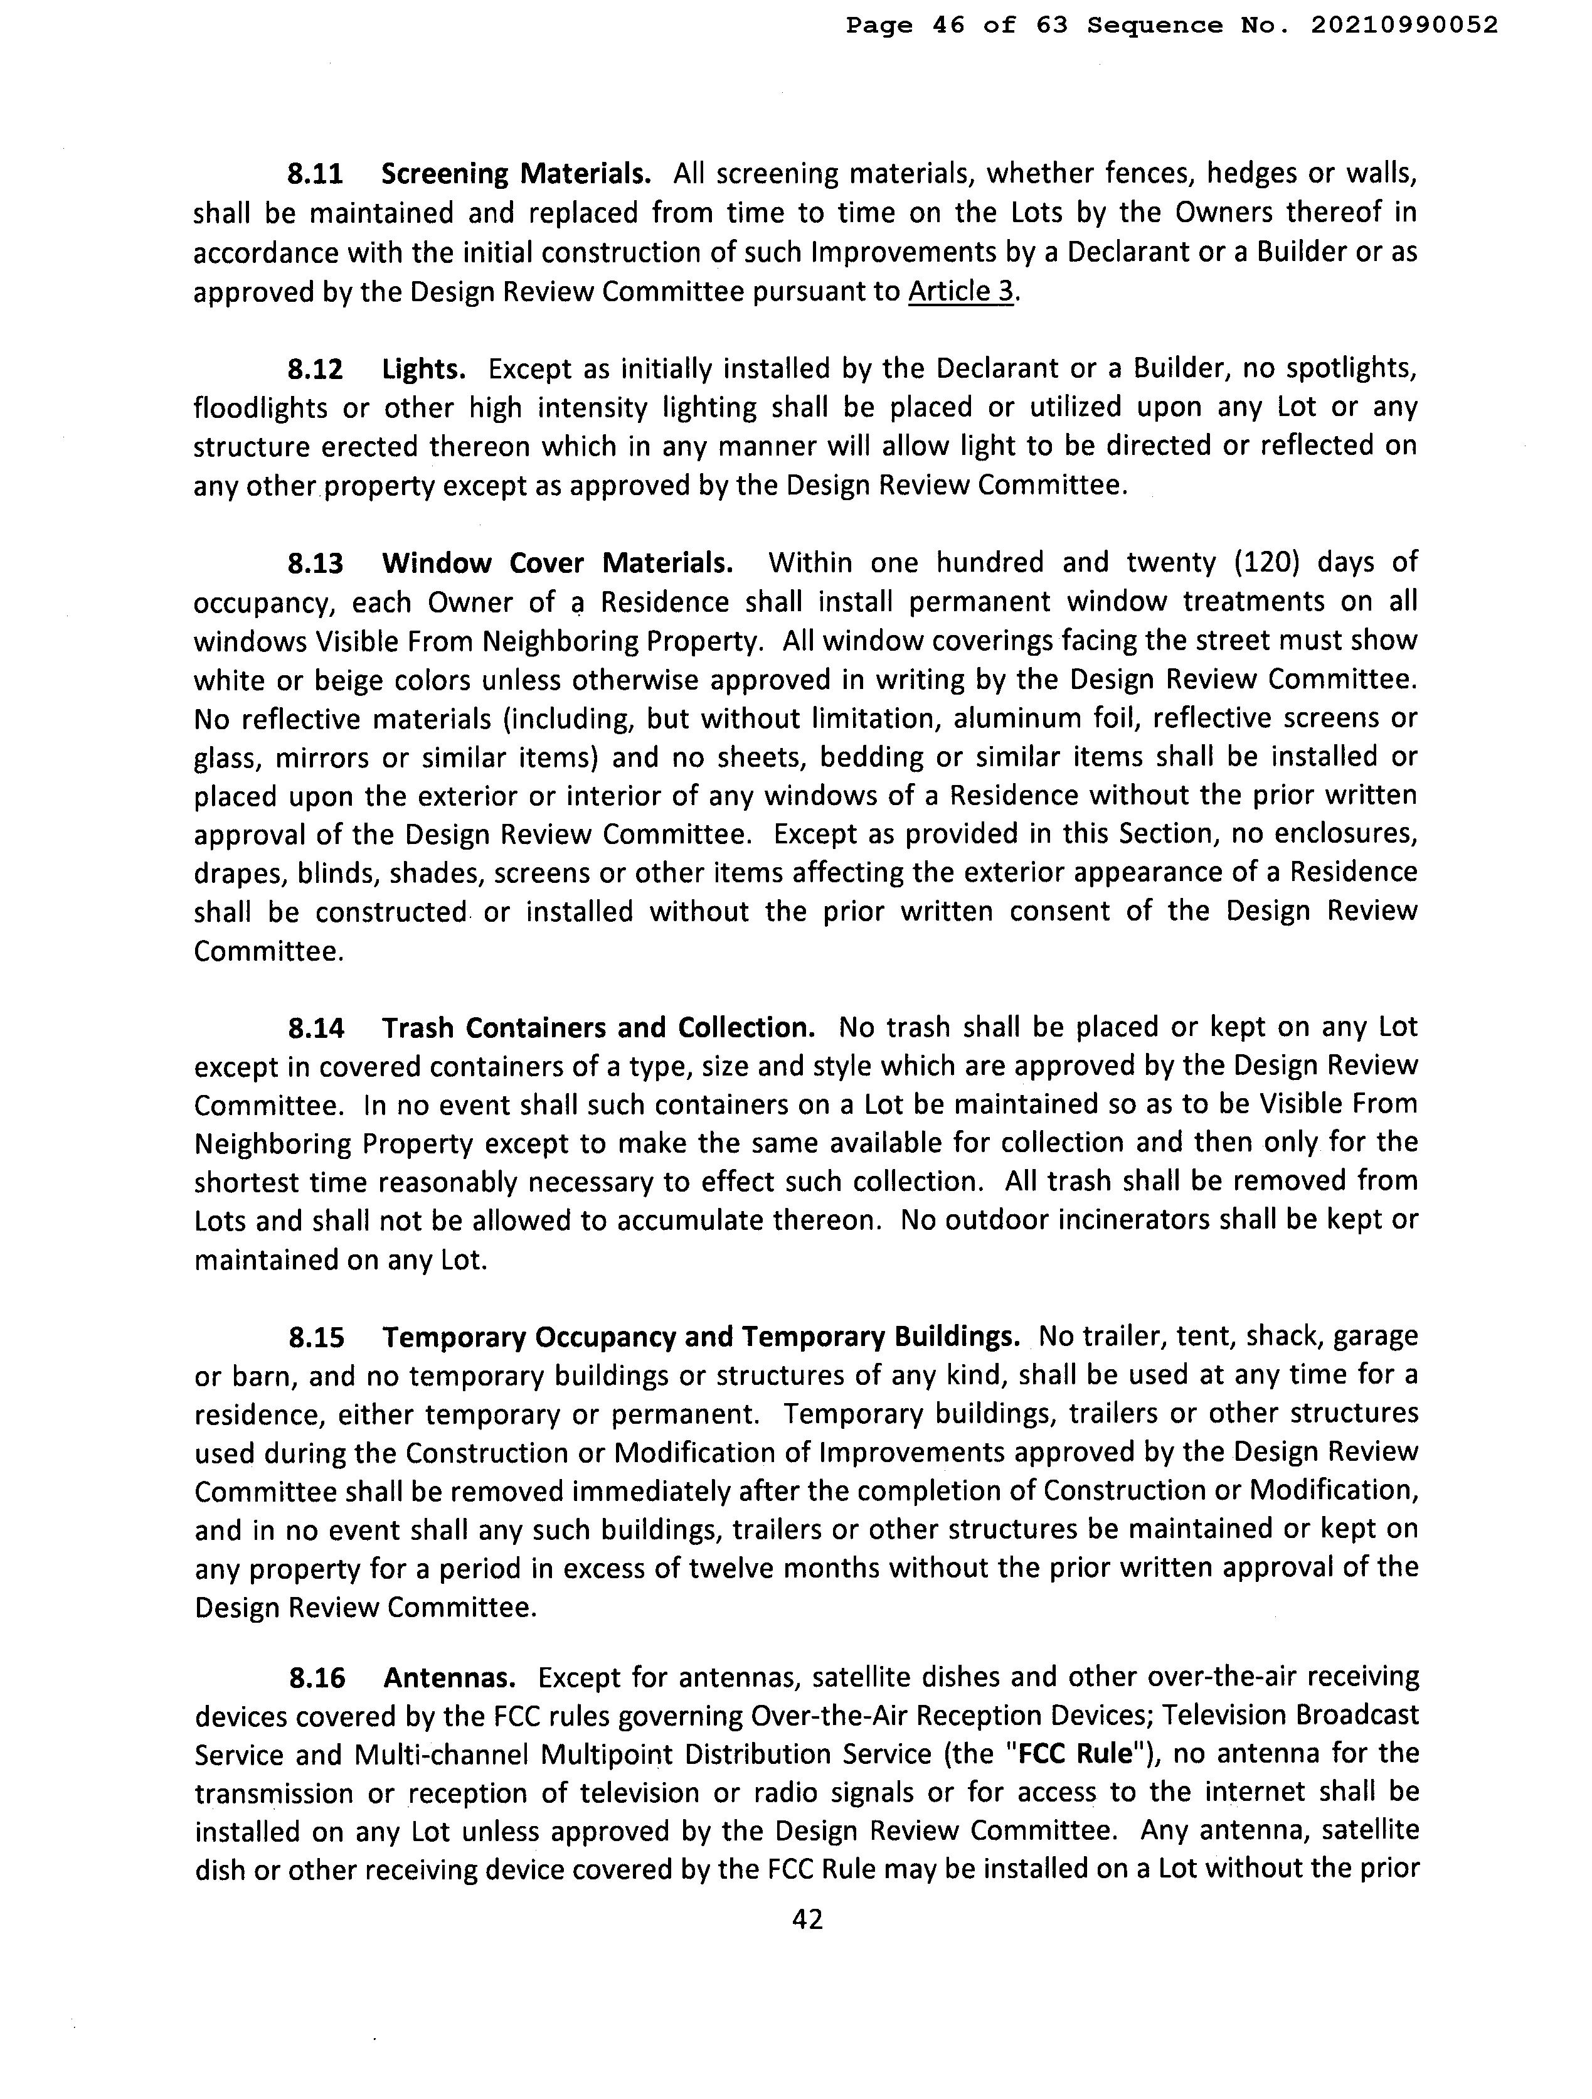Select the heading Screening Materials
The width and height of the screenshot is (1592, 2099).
tap(515, 174)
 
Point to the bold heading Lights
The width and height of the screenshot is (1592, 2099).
tap(418, 368)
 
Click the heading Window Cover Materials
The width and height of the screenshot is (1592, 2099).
tap(557, 563)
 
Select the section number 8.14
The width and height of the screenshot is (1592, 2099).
tap(316, 1028)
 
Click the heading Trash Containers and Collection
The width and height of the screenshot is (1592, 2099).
tap(598, 1028)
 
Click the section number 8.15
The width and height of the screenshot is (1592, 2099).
tap(316, 1337)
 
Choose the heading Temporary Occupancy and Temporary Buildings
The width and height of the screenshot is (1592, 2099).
tap(700, 1337)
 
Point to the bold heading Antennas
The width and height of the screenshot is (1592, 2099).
tap(450, 1678)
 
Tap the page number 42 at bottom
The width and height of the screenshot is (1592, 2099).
tap(807, 1920)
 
